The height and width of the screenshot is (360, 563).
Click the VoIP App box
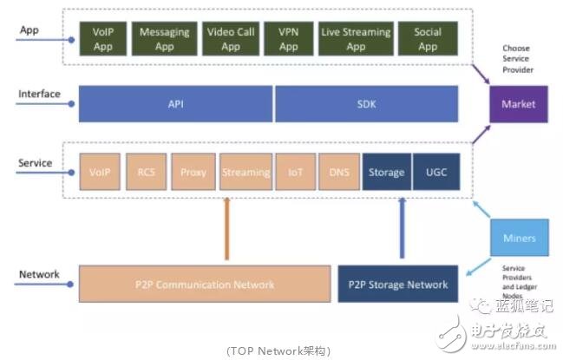pyautogui.click(x=103, y=40)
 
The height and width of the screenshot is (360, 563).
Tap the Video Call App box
pyautogui.click(x=230, y=40)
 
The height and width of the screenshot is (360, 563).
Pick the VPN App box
pyautogui.click(x=288, y=40)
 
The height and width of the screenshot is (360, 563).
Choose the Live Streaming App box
pyautogui.click(x=356, y=40)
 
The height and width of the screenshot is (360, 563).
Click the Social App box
pyautogui.click(x=428, y=40)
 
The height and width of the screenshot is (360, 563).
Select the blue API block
pyautogui.click(x=176, y=104)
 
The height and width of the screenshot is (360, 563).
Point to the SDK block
pyautogui.click(x=366, y=104)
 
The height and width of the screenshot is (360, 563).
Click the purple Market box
pyautogui.click(x=519, y=105)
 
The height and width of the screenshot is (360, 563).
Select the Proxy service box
pyautogui.click(x=193, y=172)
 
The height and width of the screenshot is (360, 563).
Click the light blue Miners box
pyautogui.click(x=519, y=238)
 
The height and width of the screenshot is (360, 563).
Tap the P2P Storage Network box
pyautogui.click(x=399, y=285)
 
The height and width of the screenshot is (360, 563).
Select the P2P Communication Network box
pyautogui.click(x=205, y=285)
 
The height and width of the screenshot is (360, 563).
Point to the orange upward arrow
pyautogui.click(x=226, y=229)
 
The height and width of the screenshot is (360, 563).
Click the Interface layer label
pyautogui.click(x=39, y=94)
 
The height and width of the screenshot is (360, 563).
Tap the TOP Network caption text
pyautogui.click(x=279, y=350)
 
